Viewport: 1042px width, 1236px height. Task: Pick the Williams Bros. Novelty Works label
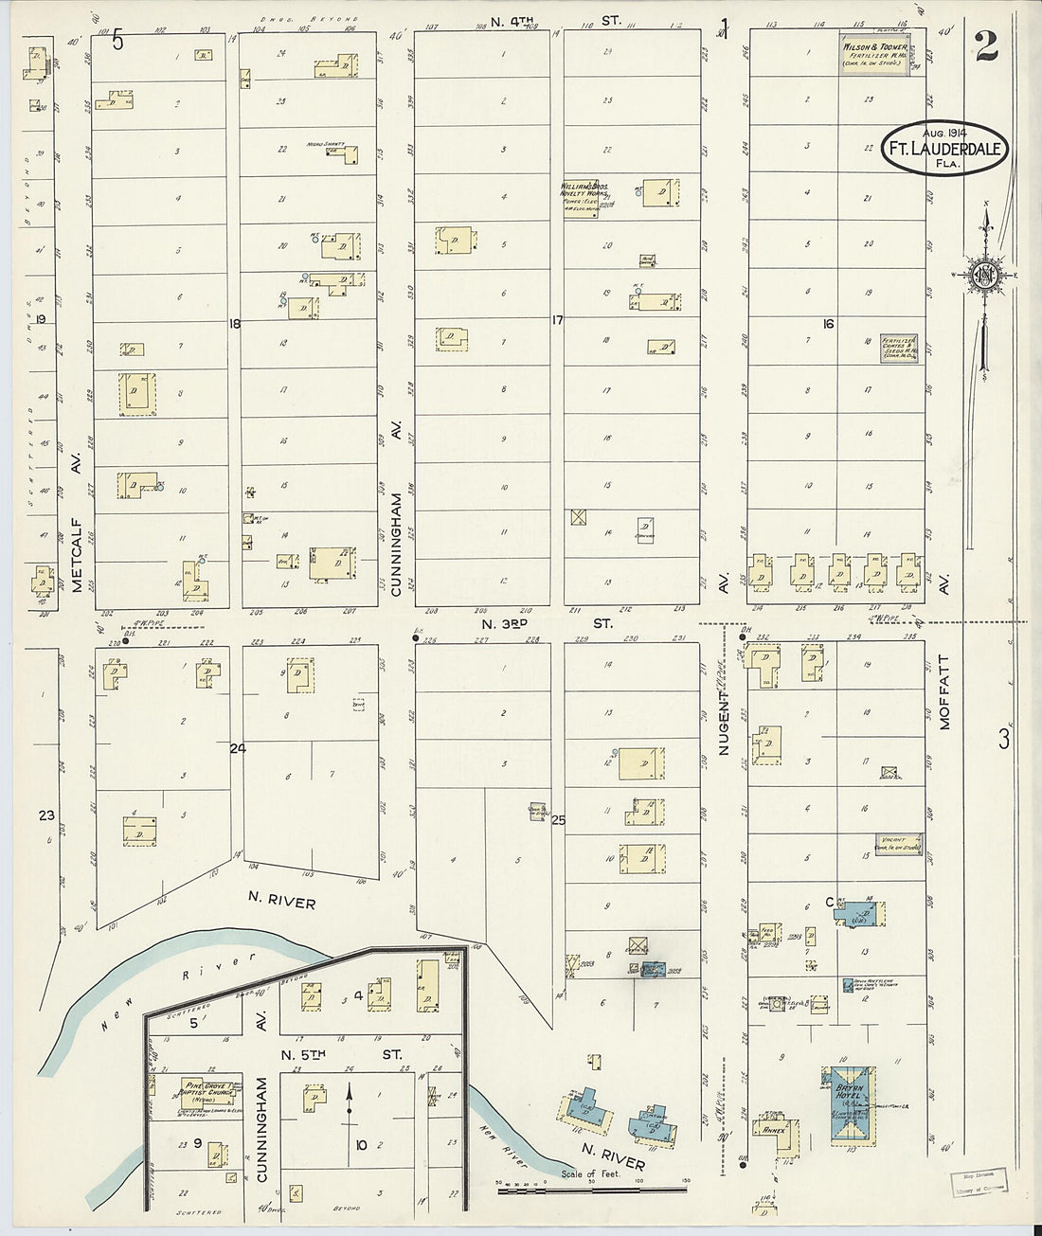[578, 193]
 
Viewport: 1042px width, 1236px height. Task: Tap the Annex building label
[767, 1129]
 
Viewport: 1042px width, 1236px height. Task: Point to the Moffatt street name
[943, 691]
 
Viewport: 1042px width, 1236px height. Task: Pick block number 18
[235, 324]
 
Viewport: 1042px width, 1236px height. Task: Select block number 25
[558, 820]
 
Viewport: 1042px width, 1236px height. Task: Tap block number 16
[828, 324]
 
